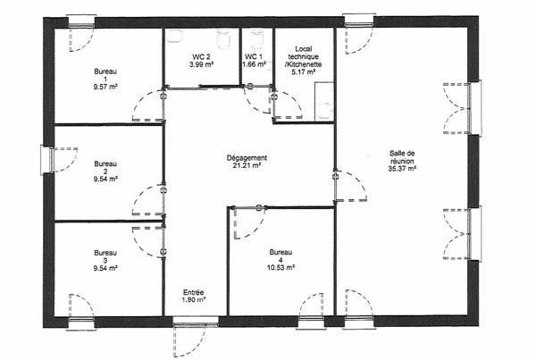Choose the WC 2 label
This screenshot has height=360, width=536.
(200, 57)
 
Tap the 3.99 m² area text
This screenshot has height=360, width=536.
(200, 65)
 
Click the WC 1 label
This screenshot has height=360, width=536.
(255, 57)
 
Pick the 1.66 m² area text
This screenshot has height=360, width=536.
(255, 65)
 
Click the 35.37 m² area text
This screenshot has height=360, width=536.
(402, 169)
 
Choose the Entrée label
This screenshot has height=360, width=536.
(194, 291)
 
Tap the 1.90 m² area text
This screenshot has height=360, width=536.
(194, 299)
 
